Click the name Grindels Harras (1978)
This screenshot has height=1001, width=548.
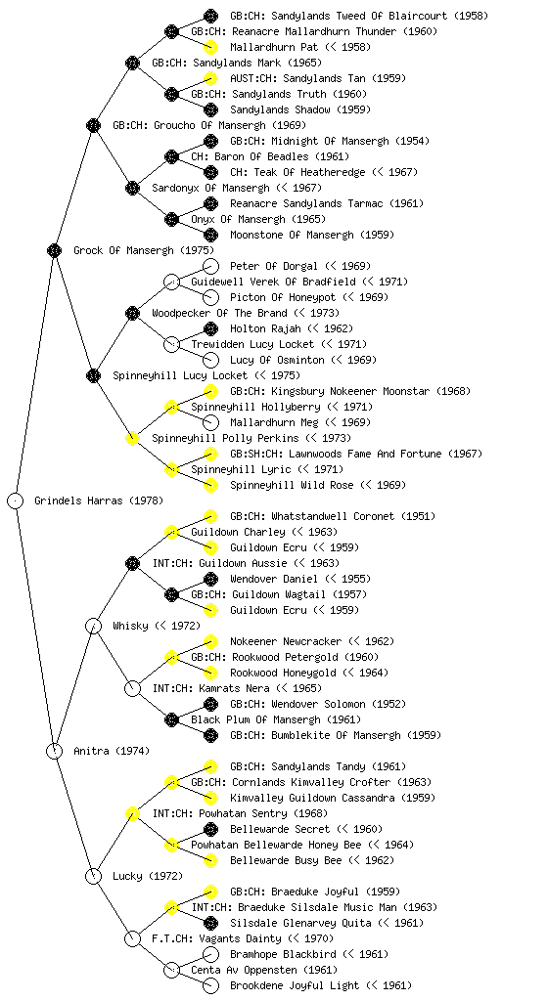pos(99,500)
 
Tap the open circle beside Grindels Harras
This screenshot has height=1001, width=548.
pos(16,500)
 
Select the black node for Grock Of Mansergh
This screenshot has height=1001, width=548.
pos(54,250)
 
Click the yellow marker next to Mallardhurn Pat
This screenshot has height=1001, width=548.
pos(210,47)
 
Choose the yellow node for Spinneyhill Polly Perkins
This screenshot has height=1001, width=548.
pos(132,438)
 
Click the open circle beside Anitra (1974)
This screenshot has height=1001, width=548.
pos(54,751)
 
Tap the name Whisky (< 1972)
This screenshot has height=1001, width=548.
pos(157,626)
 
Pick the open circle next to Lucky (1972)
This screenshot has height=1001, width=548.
pos(93,876)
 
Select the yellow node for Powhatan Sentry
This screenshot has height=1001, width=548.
pos(132,813)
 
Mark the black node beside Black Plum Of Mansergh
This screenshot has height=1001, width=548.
pos(171,719)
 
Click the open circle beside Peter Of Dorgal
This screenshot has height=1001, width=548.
pos(210,266)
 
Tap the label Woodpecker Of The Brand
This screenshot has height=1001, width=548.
pos(220,313)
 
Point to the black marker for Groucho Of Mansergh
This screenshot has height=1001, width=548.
pos(93,125)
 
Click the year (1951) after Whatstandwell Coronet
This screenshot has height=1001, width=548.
pos(419,516)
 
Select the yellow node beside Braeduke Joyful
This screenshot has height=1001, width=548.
pos(210,892)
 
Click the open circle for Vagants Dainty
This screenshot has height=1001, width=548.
pos(132,938)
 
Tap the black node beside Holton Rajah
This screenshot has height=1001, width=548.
pos(210,328)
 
